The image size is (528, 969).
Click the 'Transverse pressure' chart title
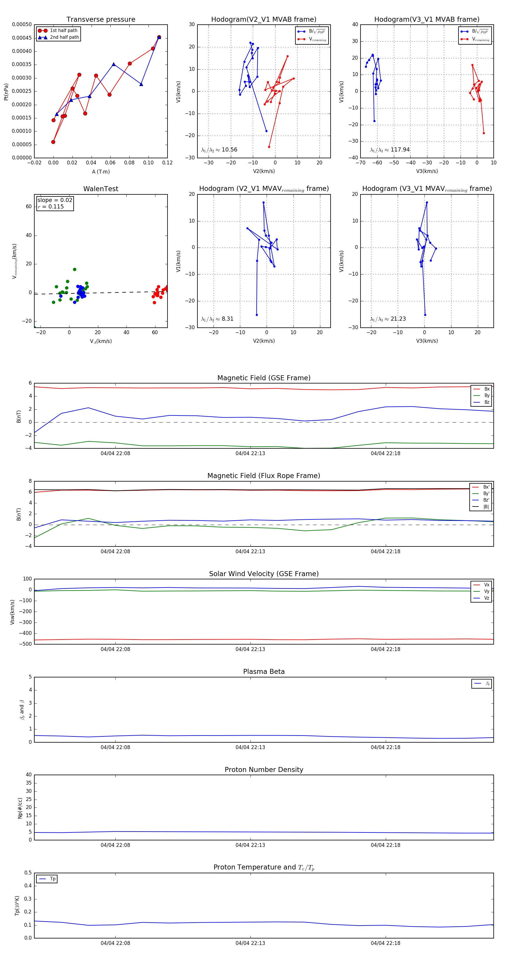(x=101, y=20)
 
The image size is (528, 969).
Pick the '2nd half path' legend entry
(x=64, y=37)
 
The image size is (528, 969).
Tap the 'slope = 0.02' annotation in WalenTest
(x=55, y=200)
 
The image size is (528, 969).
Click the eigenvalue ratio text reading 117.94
(x=390, y=150)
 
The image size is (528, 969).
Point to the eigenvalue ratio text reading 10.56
(x=219, y=150)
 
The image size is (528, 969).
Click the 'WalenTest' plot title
(x=101, y=189)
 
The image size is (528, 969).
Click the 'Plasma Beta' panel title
(x=264, y=672)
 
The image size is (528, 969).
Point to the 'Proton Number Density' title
(x=264, y=770)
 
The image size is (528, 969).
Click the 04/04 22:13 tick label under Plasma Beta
(x=250, y=747)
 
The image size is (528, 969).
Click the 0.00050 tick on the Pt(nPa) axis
(x=22, y=24)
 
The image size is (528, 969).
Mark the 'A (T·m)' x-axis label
(x=101, y=172)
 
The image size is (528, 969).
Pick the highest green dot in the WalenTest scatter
(x=75, y=269)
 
